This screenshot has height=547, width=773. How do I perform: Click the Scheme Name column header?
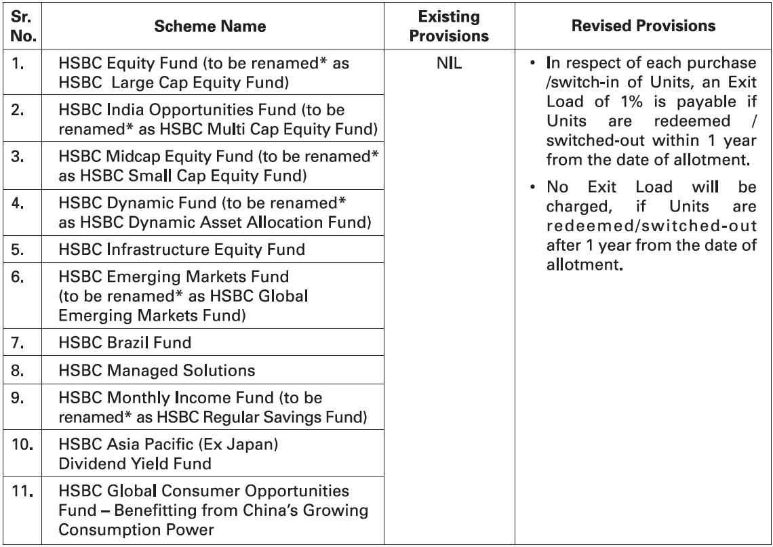[209, 26]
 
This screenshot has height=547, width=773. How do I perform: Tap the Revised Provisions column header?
[643, 26]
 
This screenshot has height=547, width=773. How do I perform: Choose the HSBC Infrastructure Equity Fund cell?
[181, 249]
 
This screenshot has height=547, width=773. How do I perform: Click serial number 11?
[24, 489]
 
